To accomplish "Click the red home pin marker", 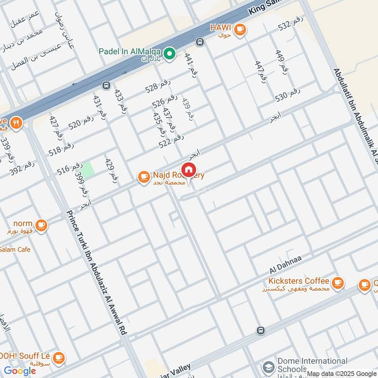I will point(189,170).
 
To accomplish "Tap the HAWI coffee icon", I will point(240,29).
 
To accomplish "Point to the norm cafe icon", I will point(42,224).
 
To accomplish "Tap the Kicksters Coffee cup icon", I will point(337,283).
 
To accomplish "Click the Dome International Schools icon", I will point(268,366).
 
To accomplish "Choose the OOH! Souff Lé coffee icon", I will point(58,357).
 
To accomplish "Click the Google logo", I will point(20,371).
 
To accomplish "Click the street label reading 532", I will point(289,25).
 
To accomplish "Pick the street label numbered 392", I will point(22,169).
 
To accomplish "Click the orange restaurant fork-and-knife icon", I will point(17,123).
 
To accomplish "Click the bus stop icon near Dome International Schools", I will point(260,330).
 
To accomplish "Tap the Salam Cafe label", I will point(15,249).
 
